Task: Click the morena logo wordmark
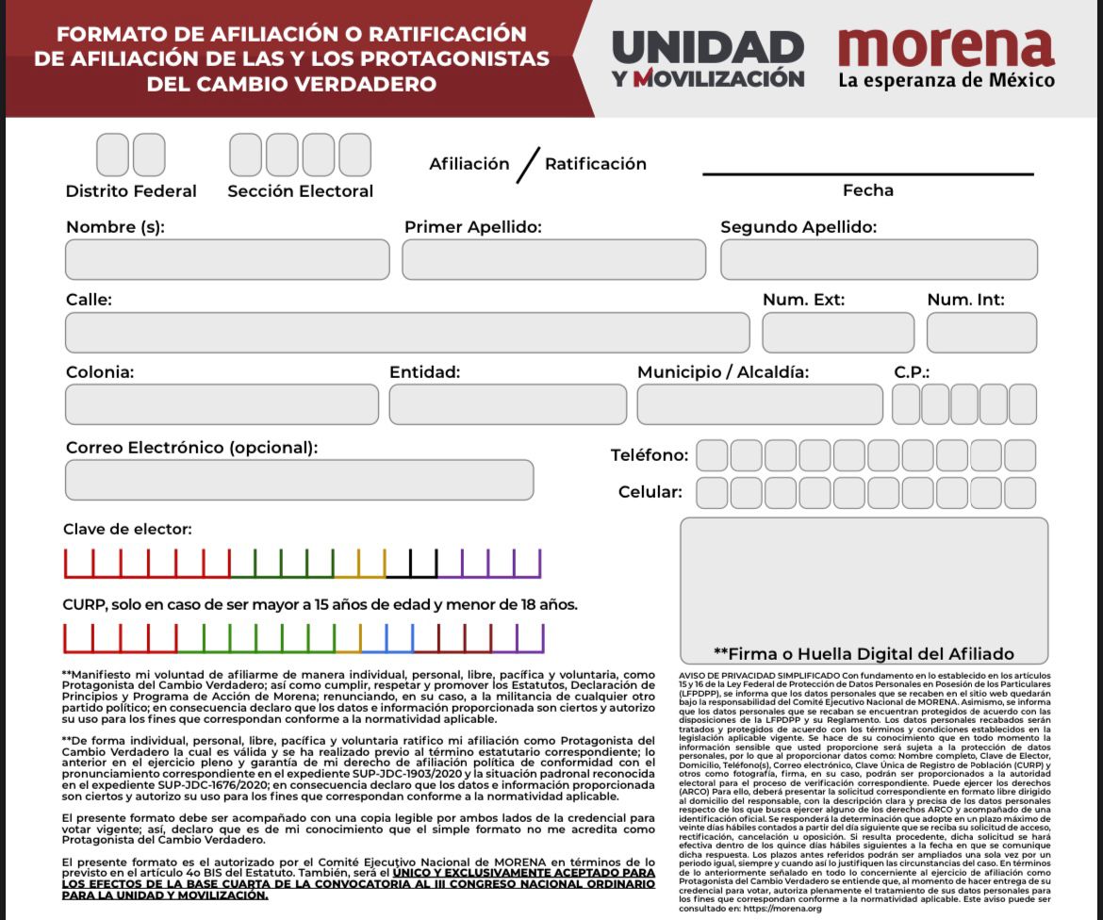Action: coord(946,46)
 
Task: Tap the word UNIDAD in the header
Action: coord(707,46)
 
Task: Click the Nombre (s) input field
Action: coord(227,259)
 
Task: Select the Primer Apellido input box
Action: coord(553,259)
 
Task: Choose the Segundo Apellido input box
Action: coord(879,259)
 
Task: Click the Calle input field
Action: coord(407,333)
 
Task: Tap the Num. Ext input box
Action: coord(838,333)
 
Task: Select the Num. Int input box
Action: coord(981,333)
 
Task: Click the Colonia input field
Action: coord(222,404)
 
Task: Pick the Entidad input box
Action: coord(507,404)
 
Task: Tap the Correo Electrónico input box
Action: coord(299,480)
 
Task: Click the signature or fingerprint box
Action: coord(864,580)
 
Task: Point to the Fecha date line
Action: coord(867,174)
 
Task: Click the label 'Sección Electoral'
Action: coord(300,191)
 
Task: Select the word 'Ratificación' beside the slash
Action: coord(596,164)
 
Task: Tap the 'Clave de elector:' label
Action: coord(127,530)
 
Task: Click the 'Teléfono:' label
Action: coord(650,456)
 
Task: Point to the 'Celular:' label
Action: coord(650,492)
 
